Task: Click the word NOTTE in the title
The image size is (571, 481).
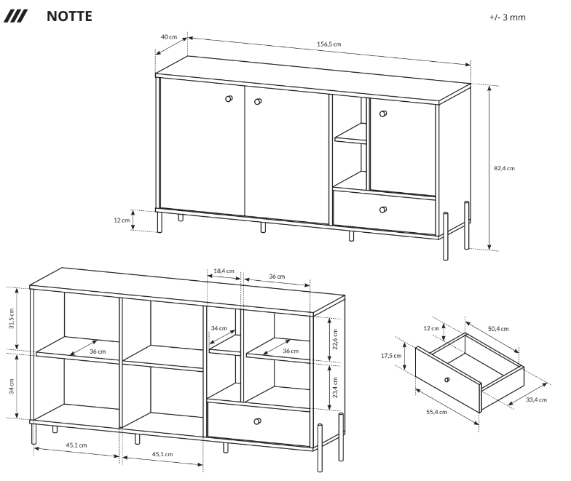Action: pyautogui.click(x=69, y=16)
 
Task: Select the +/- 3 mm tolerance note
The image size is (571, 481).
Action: pyautogui.click(x=507, y=17)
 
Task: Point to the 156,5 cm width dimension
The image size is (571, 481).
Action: pyautogui.click(x=329, y=44)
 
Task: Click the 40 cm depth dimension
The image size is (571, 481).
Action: pyautogui.click(x=168, y=36)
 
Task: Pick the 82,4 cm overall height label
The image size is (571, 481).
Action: pyautogui.click(x=503, y=167)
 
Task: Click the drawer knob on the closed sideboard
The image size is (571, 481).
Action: pyautogui.click(x=383, y=210)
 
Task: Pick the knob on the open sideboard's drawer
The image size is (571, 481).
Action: pyautogui.click(x=257, y=421)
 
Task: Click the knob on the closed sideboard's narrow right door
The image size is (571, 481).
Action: pyautogui.click(x=383, y=113)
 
